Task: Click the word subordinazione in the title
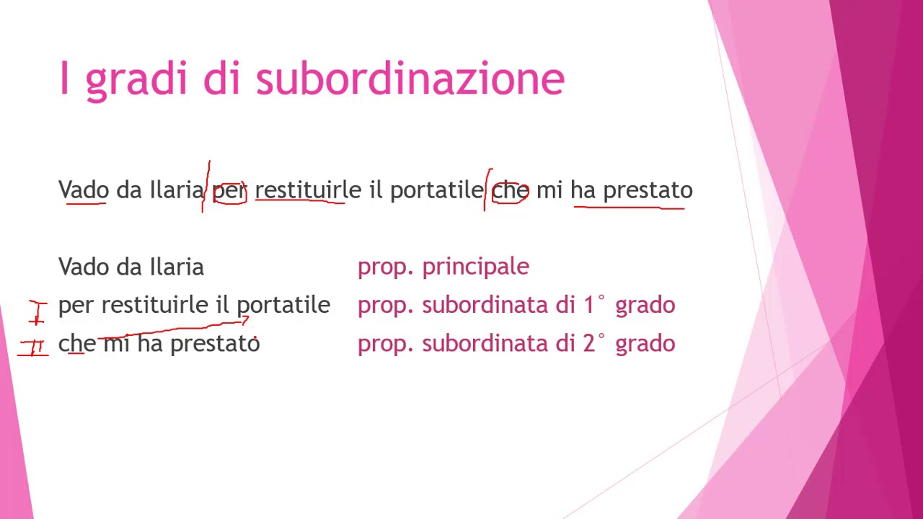pos(410,79)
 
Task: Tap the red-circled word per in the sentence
pos(229,191)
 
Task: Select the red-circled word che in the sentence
pos(510,191)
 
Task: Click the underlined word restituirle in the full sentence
pos(308,190)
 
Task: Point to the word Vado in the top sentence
pos(84,190)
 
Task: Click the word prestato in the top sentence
pos(648,190)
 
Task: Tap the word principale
pos(475,267)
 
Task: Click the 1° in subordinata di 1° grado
pos(594,305)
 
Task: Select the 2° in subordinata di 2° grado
pos(594,343)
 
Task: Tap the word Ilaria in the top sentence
pos(177,190)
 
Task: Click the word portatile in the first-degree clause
pos(283,306)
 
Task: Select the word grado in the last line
pos(645,344)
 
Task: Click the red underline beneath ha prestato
pos(629,208)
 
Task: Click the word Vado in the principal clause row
pos(84,267)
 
